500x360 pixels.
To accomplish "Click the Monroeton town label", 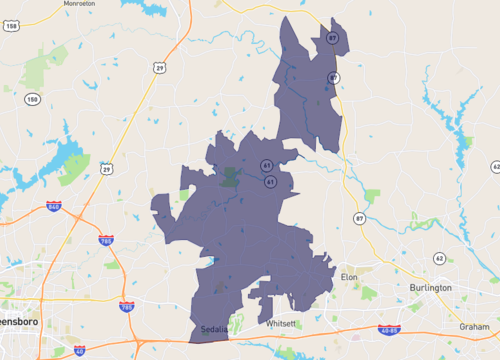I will tap(79, 4).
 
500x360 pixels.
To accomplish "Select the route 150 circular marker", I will tap(33, 99).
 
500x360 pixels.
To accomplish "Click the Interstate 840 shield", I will tap(53, 207).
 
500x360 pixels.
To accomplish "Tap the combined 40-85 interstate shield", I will tap(389, 329).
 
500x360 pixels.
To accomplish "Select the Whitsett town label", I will tap(282, 324).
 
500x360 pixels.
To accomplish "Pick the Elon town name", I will tap(349, 275).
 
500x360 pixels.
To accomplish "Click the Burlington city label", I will tap(431, 288).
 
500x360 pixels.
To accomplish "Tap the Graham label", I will tap(474, 326).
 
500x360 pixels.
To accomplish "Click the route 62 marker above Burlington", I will tap(439, 258).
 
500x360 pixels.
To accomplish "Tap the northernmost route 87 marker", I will tap(334, 37).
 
